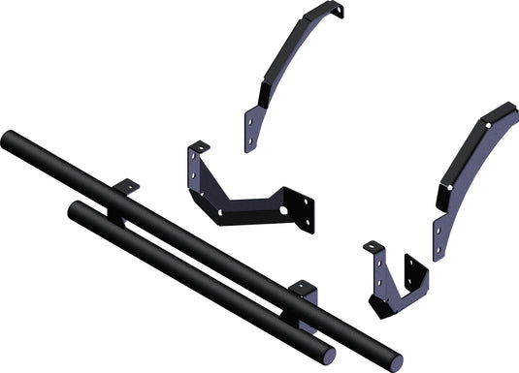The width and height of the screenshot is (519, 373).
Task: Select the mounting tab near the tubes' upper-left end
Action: (125, 186)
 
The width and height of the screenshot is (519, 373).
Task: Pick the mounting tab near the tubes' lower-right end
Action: (303, 289)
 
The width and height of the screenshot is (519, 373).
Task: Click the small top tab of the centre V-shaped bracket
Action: (199, 147)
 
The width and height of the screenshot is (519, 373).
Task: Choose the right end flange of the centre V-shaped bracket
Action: (303, 210)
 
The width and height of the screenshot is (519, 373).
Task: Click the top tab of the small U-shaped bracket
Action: (373, 248)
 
